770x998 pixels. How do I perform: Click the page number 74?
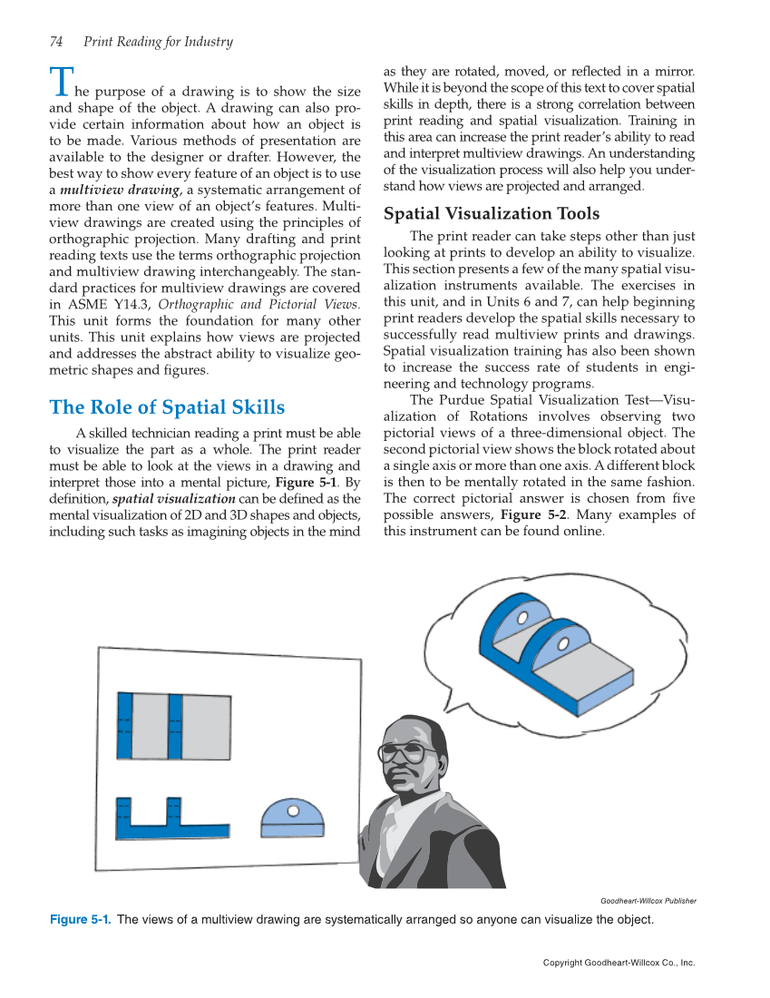(x=55, y=42)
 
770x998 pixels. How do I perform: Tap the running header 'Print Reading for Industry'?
(x=158, y=42)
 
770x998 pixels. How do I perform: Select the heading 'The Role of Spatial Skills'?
(x=167, y=407)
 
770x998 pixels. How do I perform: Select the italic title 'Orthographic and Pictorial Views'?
(x=258, y=304)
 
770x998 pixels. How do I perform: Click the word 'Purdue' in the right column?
(x=462, y=400)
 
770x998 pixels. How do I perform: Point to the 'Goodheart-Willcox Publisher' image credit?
(x=648, y=901)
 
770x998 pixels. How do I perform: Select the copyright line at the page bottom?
(x=619, y=963)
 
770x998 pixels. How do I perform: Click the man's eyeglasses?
(x=403, y=752)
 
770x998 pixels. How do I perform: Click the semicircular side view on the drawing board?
(x=292, y=818)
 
